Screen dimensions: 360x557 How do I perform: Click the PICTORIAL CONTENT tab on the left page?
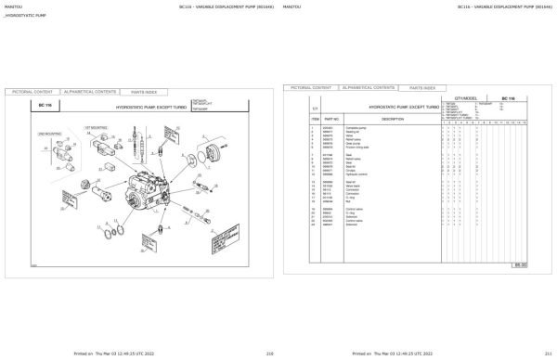click(x=32, y=93)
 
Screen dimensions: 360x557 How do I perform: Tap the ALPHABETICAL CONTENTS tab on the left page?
click(x=90, y=93)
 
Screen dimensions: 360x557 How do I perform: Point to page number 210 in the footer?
click(x=269, y=354)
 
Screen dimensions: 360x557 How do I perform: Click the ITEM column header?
click(x=315, y=119)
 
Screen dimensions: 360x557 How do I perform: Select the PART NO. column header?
click(x=333, y=119)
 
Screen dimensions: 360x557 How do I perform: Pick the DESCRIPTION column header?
click(x=393, y=119)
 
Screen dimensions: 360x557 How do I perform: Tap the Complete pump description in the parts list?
click(x=358, y=127)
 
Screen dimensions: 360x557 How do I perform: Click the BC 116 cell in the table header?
click(x=508, y=97)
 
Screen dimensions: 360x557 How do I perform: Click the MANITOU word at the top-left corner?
click(x=15, y=6)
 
